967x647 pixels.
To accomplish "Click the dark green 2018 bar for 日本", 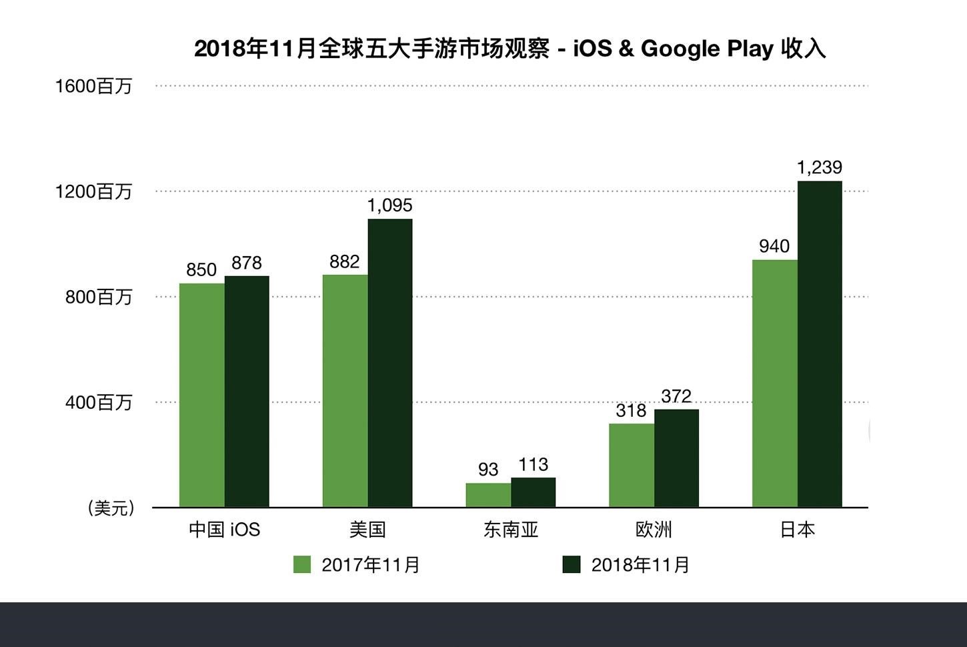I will click(x=820, y=344).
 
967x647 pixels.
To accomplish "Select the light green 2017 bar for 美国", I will click(x=345, y=391).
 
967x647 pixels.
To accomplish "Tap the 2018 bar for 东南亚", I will click(x=533, y=492).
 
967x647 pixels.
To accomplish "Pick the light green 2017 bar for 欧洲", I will click(x=631, y=466).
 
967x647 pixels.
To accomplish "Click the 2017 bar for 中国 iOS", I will click(x=201, y=396).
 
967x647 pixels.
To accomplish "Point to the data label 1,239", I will click(x=820, y=167).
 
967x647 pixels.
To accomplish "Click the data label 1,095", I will click(x=389, y=205).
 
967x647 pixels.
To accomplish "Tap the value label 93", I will click(x=488, y=470).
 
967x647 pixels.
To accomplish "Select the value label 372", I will click(x=676, y=396).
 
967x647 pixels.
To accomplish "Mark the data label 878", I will click(x=247, y=263).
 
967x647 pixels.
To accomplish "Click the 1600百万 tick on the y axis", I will click(x=94, y=86).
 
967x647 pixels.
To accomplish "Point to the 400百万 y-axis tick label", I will click(x=99, y=403).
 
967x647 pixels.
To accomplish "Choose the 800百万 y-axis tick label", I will click(x=99, y=297).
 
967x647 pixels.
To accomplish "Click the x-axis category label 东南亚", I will click(x=511, y=530).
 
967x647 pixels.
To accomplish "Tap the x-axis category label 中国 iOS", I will click(x=224, y=530).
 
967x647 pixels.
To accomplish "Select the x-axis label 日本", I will click(x=797, y=530).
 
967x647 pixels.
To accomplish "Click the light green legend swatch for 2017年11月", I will click(x=302, y=564).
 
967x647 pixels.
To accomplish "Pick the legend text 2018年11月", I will click(x=640, y=565).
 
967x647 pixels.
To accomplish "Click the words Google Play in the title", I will click(x=707, y=49).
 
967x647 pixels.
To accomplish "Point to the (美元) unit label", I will click(x=111, y=508).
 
